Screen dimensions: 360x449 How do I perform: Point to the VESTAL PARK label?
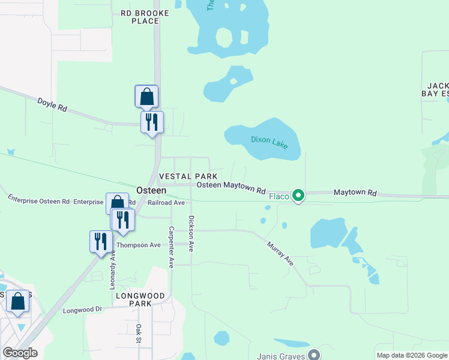pos(187,176)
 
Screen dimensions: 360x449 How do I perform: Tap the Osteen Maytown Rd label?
pos(231,187)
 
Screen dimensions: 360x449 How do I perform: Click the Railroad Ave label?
pos(166,203)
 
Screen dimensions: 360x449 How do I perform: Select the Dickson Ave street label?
pos(191,233)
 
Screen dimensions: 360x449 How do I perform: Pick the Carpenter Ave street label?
pos(172,247)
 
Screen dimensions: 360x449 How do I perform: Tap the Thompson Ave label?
pos(138,245)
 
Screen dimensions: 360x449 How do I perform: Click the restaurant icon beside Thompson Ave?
pos(100,241)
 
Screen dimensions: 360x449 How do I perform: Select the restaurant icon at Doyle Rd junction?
pos(151,122)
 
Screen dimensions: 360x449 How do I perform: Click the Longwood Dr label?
pos(83,310)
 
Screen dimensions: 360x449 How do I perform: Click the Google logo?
pos(19,353)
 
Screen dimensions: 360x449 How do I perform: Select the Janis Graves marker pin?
pos(314,355)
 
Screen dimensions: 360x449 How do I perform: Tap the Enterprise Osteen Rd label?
pos(38,199)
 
